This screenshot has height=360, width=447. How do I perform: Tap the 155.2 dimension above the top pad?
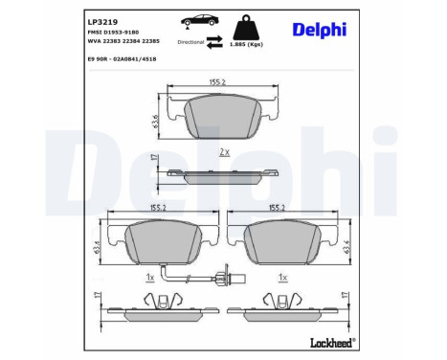pos(216,82)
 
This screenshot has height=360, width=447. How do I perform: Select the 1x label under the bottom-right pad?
pos(283,278)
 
